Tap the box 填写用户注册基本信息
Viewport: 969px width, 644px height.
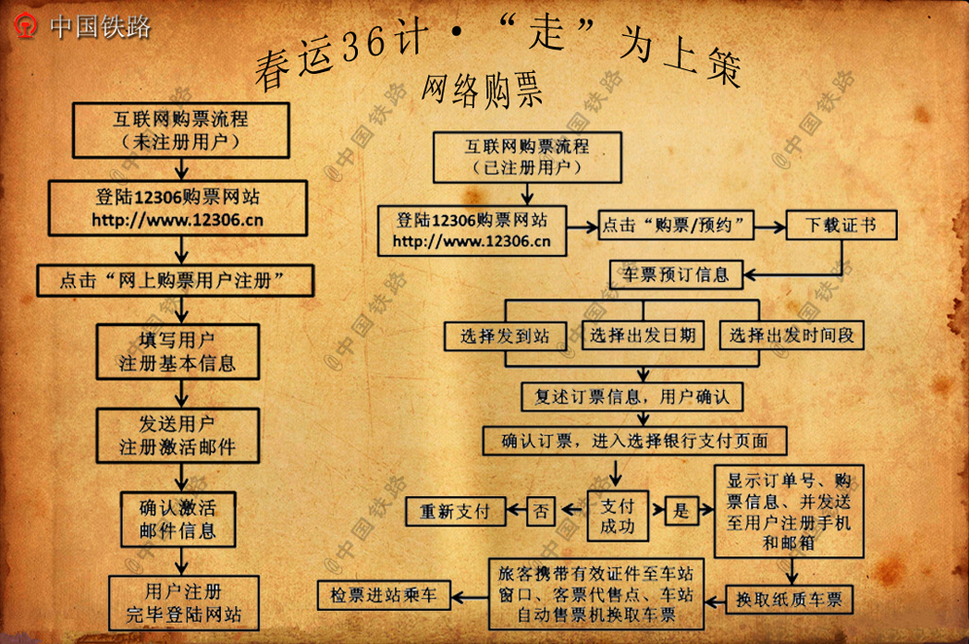(x=177, y=352)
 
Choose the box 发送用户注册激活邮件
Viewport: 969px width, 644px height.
(x=177, y=435)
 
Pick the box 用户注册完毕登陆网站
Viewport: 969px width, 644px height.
(x=184, y=602)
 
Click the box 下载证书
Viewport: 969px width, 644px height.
(x=841, y=226)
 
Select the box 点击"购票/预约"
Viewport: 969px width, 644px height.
(x=677, y=226)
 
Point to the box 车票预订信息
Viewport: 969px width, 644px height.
(x=676, y=274)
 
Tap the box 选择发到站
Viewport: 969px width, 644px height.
(x=506, y=336)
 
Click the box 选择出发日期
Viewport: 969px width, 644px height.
(x=643, y=336)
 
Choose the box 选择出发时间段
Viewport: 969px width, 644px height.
(x=792, y=336)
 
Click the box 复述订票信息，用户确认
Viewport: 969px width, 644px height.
(x=632, y=397)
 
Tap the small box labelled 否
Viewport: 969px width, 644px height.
(x=541, y=511)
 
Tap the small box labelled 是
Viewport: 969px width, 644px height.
(x=681, y=511)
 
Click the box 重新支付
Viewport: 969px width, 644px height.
(x=454, y=511)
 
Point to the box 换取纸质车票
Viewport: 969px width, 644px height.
(x=789, y=597)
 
